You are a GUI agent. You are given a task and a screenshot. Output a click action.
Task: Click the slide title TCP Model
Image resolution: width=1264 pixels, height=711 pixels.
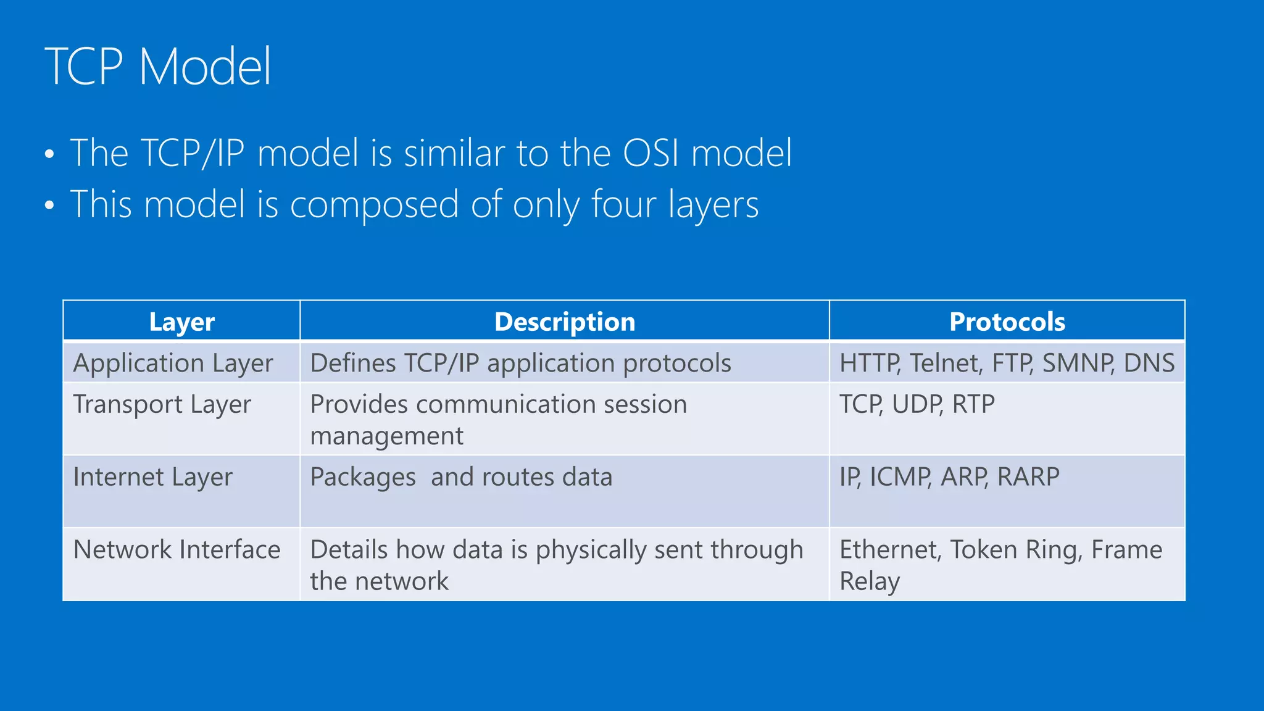point(158,67)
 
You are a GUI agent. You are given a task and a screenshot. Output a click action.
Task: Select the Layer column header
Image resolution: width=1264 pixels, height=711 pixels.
point(181,322)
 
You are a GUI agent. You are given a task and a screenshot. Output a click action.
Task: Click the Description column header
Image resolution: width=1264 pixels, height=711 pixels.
point(564,322)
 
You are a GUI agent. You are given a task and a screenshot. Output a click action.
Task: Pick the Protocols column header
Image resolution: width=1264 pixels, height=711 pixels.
point(1007,322)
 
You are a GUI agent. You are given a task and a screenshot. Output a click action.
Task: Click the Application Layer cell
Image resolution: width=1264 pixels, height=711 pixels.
point(173,363)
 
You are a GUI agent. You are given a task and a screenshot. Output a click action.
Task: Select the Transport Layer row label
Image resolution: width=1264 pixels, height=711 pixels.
point(162,405)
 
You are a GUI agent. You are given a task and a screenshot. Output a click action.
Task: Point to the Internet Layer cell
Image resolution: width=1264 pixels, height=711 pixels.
point(152,477)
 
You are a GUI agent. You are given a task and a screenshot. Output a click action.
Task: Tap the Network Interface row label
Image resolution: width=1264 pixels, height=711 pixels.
point(177,550)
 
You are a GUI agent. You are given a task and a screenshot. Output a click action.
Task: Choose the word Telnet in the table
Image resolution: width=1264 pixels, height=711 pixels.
point(945,363)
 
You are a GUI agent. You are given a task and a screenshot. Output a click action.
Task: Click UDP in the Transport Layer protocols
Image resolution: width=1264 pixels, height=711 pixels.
point(917,405)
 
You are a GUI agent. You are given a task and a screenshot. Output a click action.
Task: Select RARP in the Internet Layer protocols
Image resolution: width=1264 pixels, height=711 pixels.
point(1028,477)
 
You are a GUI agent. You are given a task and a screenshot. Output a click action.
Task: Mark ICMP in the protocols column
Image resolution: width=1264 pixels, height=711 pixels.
point(900,477)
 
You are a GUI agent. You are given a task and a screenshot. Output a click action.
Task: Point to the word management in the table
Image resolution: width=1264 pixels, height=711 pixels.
point(386,436)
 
